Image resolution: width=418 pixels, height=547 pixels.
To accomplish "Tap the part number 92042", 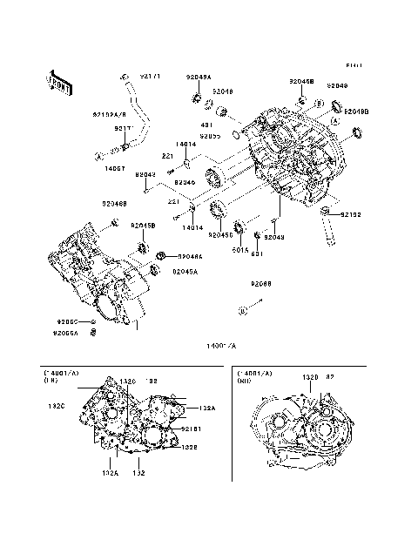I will point(145,174).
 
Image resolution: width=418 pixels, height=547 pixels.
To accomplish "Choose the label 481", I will point(207,125).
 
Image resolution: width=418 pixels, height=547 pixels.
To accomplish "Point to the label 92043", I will point(274,237).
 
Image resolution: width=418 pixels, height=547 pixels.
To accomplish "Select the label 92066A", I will point(65,333).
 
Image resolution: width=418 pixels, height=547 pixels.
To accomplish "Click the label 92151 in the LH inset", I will point(192,429).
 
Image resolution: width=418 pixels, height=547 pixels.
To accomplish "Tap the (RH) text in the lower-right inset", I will point(246,382).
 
